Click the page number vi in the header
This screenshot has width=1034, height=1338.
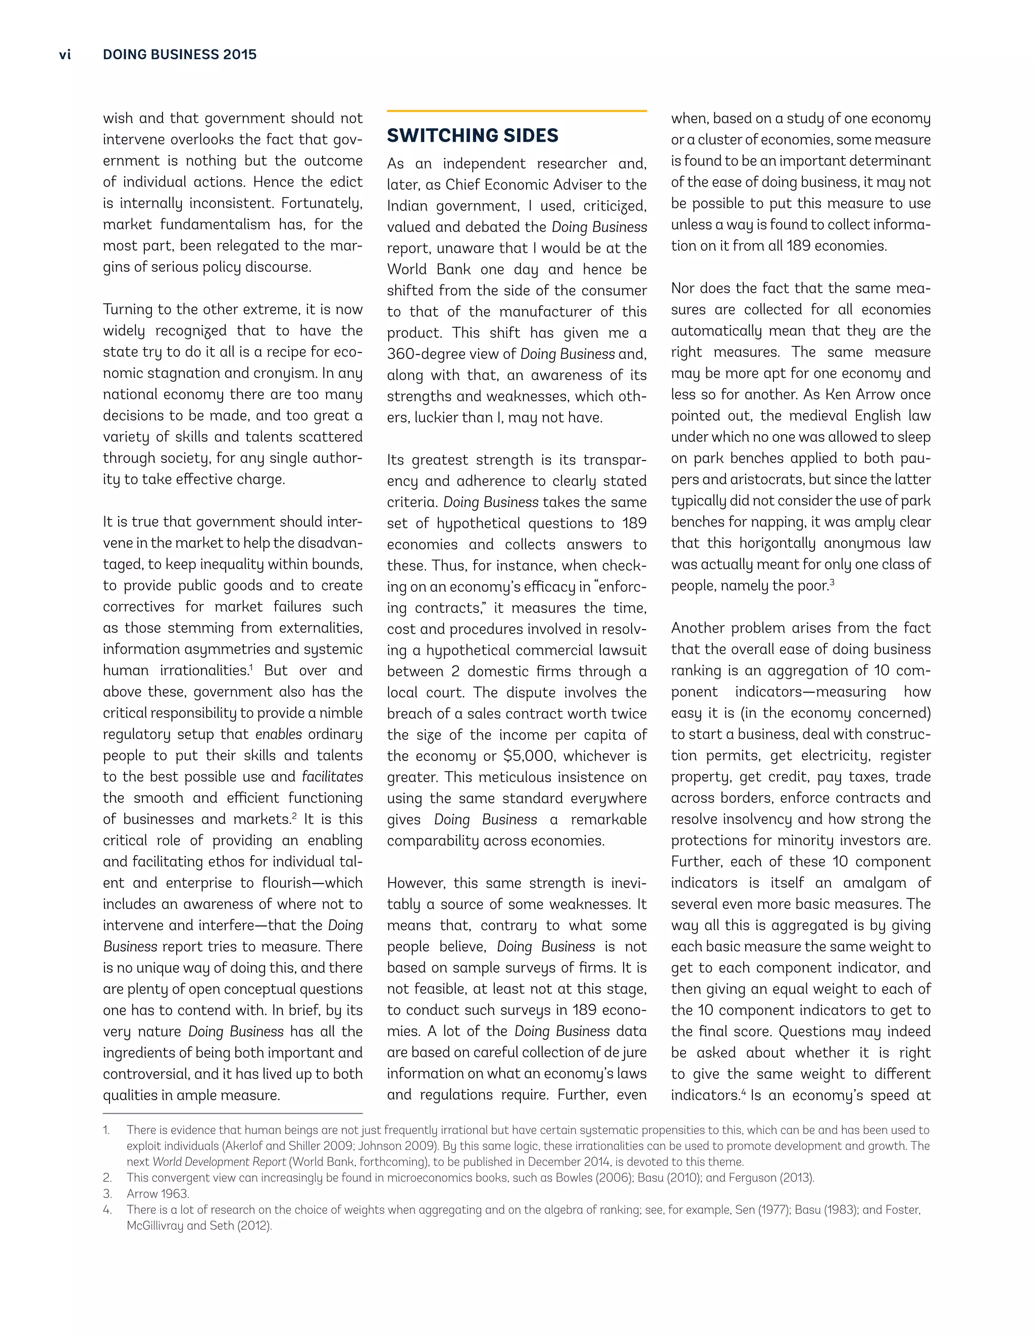pos(65,55)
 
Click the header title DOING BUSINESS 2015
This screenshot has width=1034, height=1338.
pos(179,55)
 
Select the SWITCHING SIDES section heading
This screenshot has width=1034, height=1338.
pos(472,135)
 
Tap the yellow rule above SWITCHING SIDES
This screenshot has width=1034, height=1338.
pos(516,111)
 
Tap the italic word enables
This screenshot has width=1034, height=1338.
pos(279,734)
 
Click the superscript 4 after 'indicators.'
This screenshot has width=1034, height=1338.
pos(744,1091)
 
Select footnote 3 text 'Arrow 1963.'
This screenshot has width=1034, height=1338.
pos(158,1194)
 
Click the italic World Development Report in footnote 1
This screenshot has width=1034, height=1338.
pos(219,1162)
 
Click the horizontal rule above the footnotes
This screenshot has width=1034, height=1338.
pos(233,1113)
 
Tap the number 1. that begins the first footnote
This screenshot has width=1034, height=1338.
pos(107,1129)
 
